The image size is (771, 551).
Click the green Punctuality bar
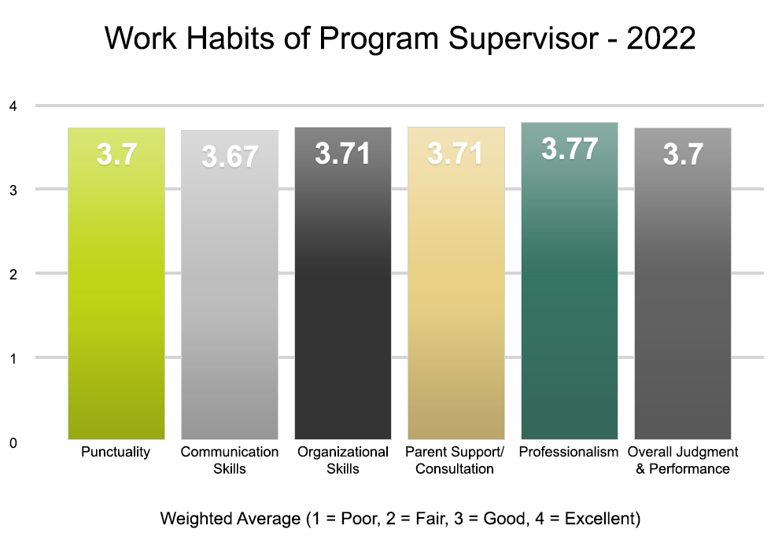click(x=116, y=299)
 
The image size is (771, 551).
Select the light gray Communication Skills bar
click(x=230, y=299)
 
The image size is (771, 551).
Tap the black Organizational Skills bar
click(x=343, y=299)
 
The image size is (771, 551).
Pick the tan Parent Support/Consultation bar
click(x=456, y=299)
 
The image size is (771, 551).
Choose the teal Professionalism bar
click(x=570, y=299)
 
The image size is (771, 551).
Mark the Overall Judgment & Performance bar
click(x=683, y=299)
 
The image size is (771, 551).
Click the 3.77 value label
click(x=570, y=150)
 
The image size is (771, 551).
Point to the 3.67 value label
click(x=230, y=157)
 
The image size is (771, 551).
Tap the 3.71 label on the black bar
click(x=343, y=153)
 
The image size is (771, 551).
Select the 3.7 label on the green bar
click(x=116, y=154)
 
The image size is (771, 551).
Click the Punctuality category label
click(x=116, y=453)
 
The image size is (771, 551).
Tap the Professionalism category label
click(x=570, y=453)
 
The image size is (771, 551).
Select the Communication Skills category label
click(x=230, y=460)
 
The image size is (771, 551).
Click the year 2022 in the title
click(x=661, y=39)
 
